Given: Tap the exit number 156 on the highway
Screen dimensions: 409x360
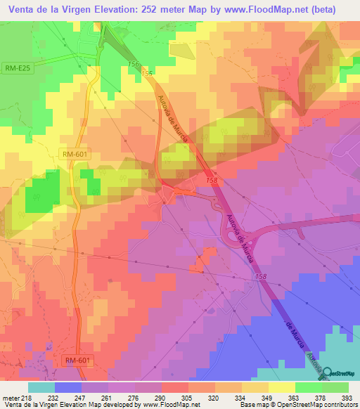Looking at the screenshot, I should point(134,64).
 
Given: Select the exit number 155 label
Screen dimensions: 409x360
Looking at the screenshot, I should point(146,73).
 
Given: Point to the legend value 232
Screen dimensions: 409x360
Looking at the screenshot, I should point(53,397).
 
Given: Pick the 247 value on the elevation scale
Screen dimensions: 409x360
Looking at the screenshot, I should point(81,397).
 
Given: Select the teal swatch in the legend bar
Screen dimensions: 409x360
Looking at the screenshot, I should point(41,387).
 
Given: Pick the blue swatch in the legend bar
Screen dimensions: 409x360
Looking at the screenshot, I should point(67,387).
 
